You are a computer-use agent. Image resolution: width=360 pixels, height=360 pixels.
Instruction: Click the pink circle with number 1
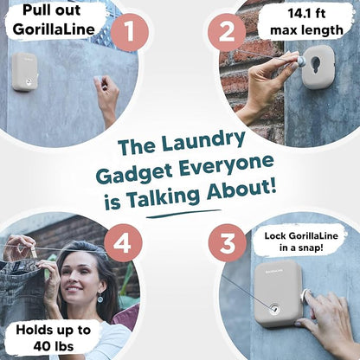[130, 32]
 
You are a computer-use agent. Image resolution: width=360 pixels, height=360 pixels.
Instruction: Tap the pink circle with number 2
[227, 32]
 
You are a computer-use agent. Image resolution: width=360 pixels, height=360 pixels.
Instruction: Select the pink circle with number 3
[228, 243]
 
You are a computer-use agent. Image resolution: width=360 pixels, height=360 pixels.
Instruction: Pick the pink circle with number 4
[123, 243]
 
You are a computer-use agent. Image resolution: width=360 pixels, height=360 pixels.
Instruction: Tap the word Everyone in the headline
[226, 167]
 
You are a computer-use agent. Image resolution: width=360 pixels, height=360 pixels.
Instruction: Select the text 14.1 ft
[306, 13]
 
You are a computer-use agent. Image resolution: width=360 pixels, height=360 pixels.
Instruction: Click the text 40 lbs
[54, 346]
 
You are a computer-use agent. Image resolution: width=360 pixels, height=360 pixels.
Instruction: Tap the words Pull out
[52, 11]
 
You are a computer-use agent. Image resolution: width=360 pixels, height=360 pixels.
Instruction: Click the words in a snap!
[301, 247]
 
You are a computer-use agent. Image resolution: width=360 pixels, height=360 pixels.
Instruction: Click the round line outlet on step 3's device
[273, 309]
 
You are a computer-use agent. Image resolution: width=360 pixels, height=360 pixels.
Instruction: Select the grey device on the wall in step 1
[25, 72]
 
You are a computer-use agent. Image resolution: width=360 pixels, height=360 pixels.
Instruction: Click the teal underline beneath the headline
[183, 214]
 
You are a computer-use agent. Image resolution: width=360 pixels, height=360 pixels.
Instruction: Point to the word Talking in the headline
[164, 196]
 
